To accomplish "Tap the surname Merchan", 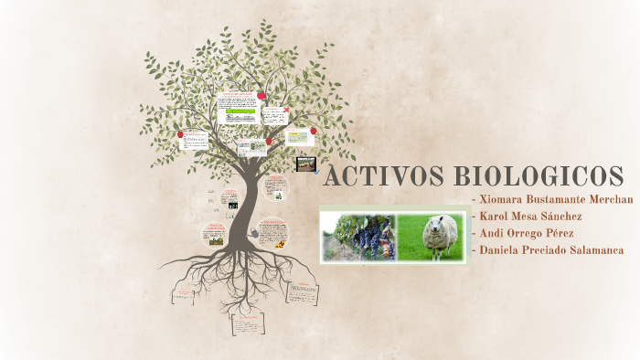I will (607, 199).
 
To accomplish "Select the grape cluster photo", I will (357, 238).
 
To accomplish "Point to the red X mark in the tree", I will (286, 111).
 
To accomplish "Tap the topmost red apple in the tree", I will (261, 95).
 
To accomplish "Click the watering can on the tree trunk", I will (251, 235).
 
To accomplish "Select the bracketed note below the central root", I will (247, 325).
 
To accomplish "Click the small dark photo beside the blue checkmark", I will (304, 164).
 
